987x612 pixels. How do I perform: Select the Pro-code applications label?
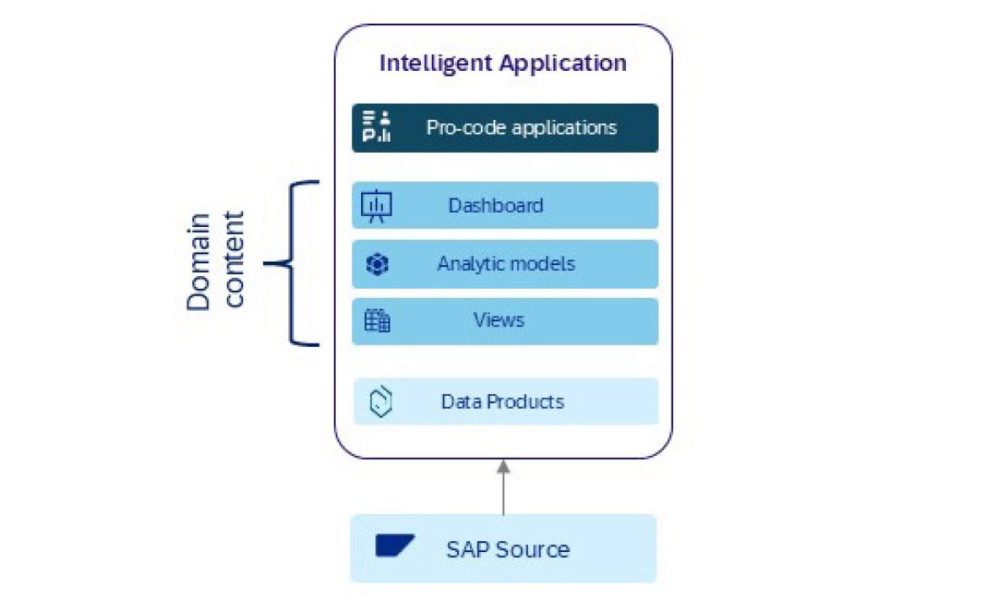521,127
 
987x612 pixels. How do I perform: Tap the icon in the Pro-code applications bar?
376,127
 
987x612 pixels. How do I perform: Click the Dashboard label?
495,205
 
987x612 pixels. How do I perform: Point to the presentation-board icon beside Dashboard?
376,206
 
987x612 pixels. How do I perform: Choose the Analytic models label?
506,263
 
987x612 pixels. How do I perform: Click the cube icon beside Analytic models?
376,264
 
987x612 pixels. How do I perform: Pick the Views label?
499,320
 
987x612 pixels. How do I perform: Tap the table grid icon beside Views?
376,321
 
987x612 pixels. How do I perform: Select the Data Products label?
502,401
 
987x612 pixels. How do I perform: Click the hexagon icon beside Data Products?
382,402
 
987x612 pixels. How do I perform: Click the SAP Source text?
508,550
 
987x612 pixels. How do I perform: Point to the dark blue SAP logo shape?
394,546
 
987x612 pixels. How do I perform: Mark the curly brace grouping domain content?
291,263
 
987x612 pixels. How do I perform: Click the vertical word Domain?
199,262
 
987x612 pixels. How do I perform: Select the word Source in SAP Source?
531,550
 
